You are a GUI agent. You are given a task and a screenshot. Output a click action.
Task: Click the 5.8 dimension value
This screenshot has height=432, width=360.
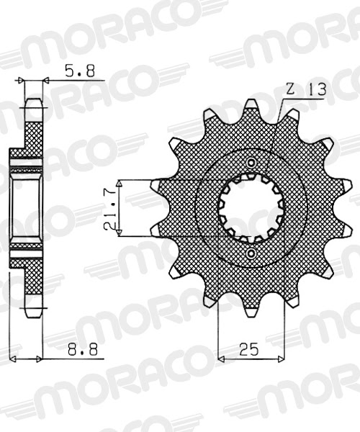pyautogui.click(x=80, y=71)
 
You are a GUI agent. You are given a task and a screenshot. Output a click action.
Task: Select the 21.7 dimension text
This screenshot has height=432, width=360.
pyautogui.click(x=109, y=209)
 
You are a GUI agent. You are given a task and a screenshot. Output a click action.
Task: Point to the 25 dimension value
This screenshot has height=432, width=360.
pyautogui.click(x=249, y=349)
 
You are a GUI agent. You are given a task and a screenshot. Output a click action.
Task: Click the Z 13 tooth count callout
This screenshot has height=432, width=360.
pyautogui.click(x=306, y=89)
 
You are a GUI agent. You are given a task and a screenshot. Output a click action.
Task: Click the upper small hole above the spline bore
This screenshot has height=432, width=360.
pyautogui.click(x=251, y=163)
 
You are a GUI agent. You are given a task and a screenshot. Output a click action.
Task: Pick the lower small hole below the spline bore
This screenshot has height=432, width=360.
pyautogui.click(x=251, y=253)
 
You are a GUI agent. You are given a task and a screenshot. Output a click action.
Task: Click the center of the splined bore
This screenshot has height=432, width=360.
pyautogui.click(x=251, y=208)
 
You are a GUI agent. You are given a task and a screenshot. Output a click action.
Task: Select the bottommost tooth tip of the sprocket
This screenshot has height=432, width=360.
pyautogui.click(x=251, y=315)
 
